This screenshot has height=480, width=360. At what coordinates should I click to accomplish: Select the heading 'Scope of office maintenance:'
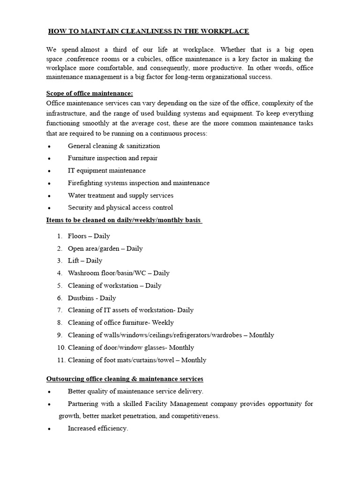click(90, 94)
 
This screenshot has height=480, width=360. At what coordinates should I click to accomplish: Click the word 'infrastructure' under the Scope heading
click(68, 113)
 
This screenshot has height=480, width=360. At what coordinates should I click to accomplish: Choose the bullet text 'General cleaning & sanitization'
click(114, 146)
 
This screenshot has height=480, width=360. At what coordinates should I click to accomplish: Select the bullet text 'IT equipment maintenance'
click(106, 171)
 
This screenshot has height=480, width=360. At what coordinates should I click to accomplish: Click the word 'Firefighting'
click(85, 183)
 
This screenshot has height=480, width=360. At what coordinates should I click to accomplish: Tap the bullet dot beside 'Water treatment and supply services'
click(49, 196)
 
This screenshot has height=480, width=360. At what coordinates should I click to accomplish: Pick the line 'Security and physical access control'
click(120, 207)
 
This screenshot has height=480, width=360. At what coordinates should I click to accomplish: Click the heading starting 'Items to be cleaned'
click(123, 220)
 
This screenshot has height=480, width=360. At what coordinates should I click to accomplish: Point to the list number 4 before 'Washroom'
click(60, 273)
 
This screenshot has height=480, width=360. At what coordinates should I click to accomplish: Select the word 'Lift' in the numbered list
click(74, 261)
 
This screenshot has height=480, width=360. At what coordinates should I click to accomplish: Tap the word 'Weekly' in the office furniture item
click(163, 322)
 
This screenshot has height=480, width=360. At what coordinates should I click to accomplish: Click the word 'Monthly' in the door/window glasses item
click(181, 347)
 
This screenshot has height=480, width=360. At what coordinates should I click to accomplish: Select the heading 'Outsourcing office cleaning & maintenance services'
click(125, 379)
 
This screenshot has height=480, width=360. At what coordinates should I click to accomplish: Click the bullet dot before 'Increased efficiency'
click(49, 429)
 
